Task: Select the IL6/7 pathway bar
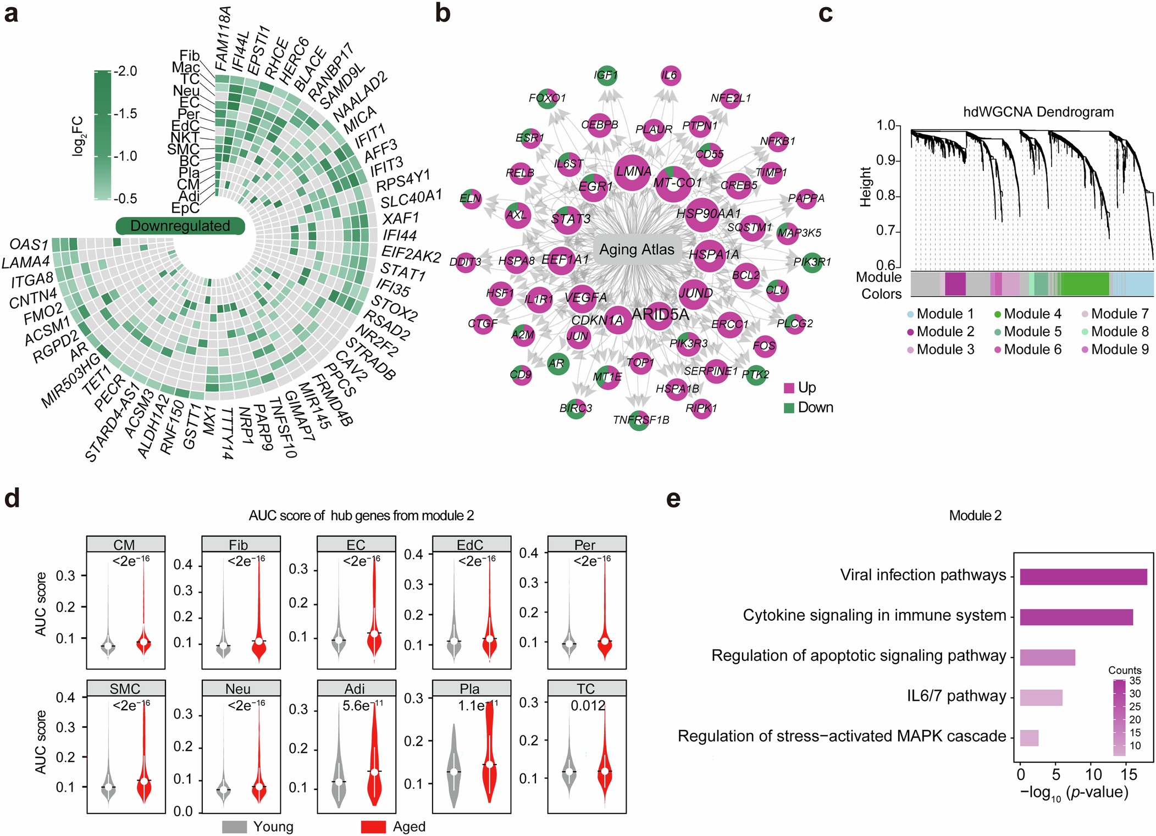(1041, 698)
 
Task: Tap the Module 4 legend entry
(1028, 314)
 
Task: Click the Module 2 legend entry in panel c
(941, 332)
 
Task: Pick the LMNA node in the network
(633, 172)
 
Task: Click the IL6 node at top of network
(670, 75)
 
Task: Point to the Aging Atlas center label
(637, 250)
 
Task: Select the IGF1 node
(606, 75)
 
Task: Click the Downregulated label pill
(180, 226)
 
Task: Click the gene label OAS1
(29, 244)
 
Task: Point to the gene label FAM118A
(222, 38)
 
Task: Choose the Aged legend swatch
(373, 827)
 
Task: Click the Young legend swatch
(234, 827)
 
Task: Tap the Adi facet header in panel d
(356, 689)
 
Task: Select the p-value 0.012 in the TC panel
(588, 705)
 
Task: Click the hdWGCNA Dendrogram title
(1038, 112)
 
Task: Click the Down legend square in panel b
(789, 408)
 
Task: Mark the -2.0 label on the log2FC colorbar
(126, 71)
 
